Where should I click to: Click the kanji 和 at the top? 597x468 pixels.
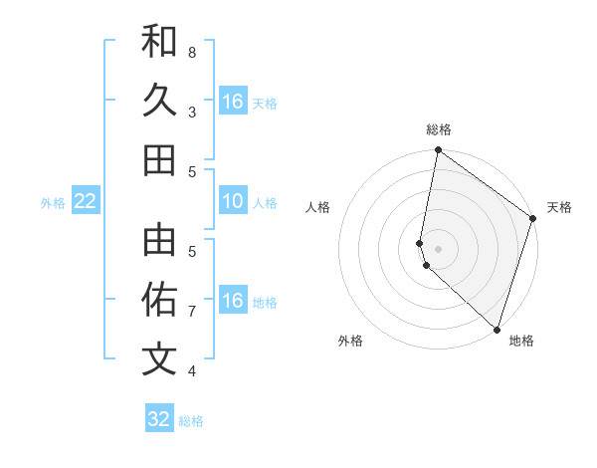click(x=159, y=41)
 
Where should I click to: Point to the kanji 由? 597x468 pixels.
click(x=159, y=240)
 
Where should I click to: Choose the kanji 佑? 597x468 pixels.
click(x=159, y=300)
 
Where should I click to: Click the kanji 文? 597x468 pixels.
click(x=159, y=359)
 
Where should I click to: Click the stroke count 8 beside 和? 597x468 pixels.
click(x=192, y=52)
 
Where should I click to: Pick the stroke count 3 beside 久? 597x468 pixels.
click(x=192, y=112)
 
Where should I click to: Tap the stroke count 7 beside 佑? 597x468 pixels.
click(x=192, y=312)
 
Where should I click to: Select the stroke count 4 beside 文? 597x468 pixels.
click(x=192, y=371)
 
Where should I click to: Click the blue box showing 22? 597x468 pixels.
click(x=86, y=201)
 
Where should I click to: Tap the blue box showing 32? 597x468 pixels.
click(x=159, y=419)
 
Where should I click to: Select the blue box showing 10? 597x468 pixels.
click(x=233, y=201)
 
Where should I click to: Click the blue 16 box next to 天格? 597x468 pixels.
click(x=233, y=102)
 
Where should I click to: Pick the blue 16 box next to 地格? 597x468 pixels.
click(x=233, y=301)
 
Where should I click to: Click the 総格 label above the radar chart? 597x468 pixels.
click(x=439, y=129)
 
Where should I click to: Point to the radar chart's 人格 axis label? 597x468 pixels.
click(x=318, y=208)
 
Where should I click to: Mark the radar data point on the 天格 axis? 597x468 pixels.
click(x=532, y=220)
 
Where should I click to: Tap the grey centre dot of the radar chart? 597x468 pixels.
click(x=439, y=248)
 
